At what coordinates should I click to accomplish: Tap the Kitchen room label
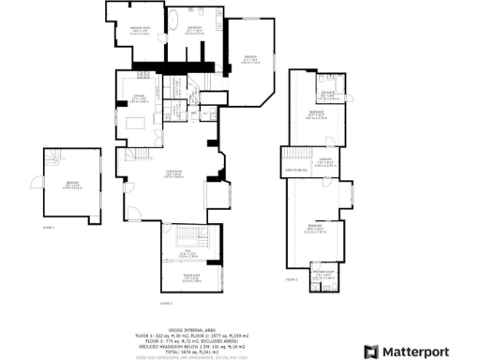139,96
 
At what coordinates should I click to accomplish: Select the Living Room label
173,172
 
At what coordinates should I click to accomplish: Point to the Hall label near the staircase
187,253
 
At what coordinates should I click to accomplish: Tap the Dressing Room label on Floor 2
139,29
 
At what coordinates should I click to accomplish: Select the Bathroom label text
195,28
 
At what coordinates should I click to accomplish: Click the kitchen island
138,122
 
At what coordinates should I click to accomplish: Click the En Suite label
329,93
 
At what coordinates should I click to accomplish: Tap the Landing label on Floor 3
325,160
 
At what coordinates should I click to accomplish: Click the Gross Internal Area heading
187,329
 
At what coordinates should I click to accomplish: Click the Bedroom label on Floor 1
71,183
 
